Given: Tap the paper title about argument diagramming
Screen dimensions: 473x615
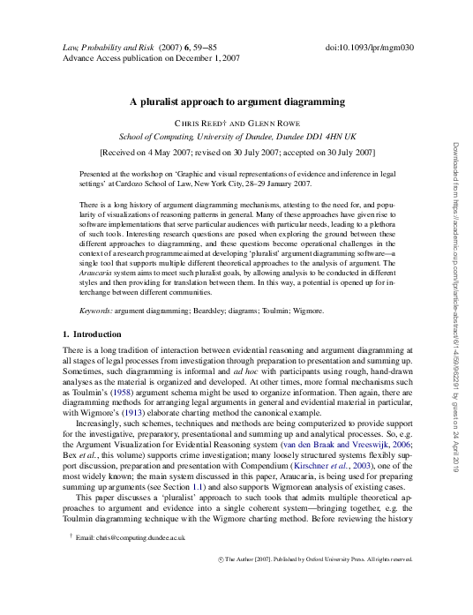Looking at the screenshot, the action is tap(237, 101).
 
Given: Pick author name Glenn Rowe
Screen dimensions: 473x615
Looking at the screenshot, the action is tap(276, 123).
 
